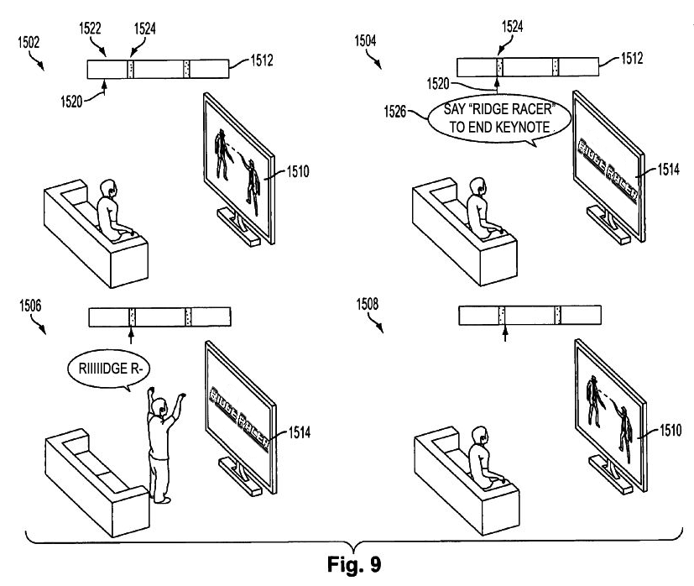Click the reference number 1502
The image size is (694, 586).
pos(29,43)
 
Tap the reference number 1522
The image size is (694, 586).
pos(90,29)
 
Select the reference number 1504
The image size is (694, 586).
pos(366,41)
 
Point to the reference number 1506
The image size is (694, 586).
pos(30,306)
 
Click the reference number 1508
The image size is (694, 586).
pos(368,304)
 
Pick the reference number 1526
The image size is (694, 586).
pos(394,111)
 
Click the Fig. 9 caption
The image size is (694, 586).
pos(354,564)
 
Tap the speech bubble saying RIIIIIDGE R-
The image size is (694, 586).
pos(109,369)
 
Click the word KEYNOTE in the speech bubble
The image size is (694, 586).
pos(524,128)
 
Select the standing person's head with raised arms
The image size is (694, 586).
pos(158,406)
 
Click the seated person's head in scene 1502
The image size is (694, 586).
pos(108,189)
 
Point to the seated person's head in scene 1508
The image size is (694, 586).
pos(480,437)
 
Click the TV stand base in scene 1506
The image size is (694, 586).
pos(239,476)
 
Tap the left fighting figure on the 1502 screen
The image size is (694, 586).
pos(222,154)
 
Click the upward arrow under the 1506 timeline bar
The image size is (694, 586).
pos(131,336)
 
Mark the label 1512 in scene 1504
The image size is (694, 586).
pos(632,59)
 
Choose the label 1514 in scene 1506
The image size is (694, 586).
pos(300,432)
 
